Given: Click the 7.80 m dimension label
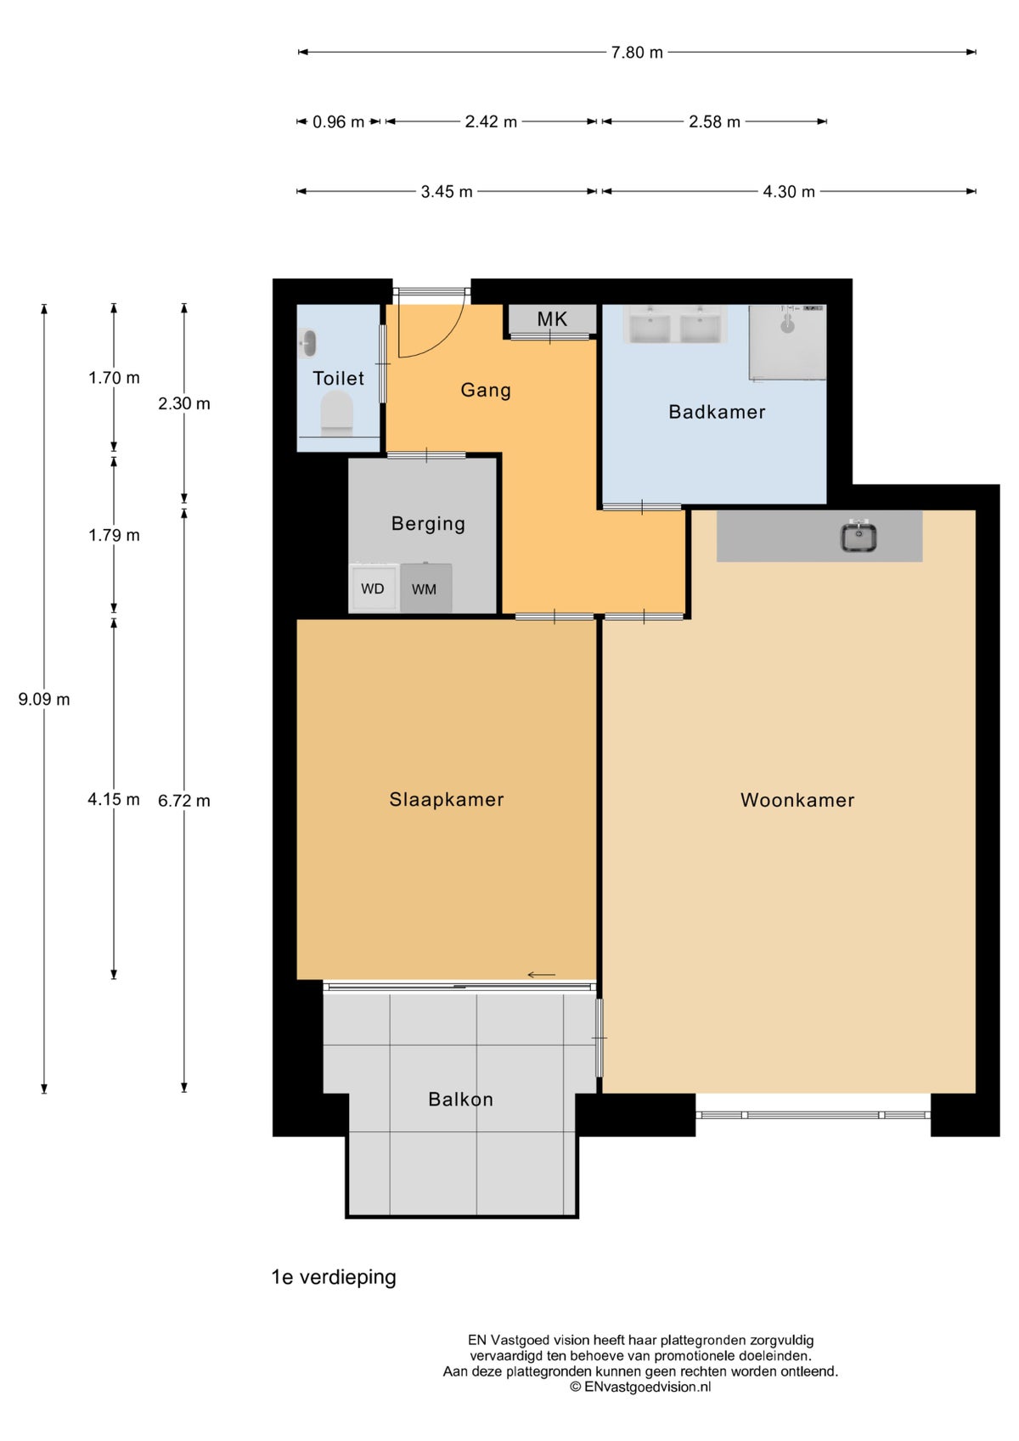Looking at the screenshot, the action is pos(637,52).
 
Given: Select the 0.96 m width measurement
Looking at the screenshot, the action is pos(338,121).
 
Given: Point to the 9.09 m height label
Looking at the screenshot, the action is pos(44,699).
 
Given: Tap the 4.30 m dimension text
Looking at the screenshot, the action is pos(789,192).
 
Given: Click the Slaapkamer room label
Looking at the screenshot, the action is pos(447,800).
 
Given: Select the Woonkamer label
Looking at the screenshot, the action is pos(797,800).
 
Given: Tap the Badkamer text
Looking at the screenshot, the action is pos(718,412).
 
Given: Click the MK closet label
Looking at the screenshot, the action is pos(553,319).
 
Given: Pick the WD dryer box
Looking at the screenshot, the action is pos(373,588).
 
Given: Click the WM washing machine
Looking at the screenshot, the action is pos(425,588).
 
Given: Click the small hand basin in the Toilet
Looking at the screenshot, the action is pos(307,344).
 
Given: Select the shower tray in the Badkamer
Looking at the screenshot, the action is pos(787,342).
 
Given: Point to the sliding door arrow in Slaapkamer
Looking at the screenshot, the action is pos(541,975).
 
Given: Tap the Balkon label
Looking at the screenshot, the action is pos(460,1100).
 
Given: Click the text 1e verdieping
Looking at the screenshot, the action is pos(334,1277).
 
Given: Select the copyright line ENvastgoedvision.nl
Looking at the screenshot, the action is pos(640,1387).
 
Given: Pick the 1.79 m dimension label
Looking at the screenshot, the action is pos(114,535).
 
